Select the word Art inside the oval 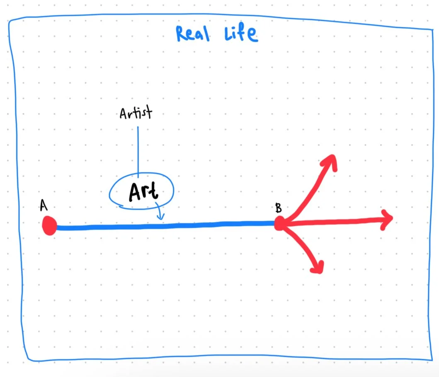pyautogui.click(x=143, y=192)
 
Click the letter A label pyautogui.click(x=43, y=205)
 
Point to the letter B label pyautogui.click(x=279, y=208)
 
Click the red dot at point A pyautogui.click(x=49, y=226)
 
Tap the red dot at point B pyautogui.click(x=280, y=224)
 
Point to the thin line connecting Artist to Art pyautogui.click(x=138, y=149)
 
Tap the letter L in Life pyautogui.click(x=228, y=34)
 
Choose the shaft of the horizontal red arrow pyautogui.click(x=336, y=221)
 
